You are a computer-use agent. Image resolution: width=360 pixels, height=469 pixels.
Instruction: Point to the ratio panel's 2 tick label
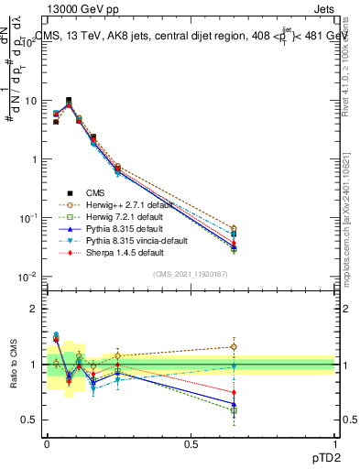[32, 309]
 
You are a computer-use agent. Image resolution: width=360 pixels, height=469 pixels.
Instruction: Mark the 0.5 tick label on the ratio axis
[28, 420]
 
